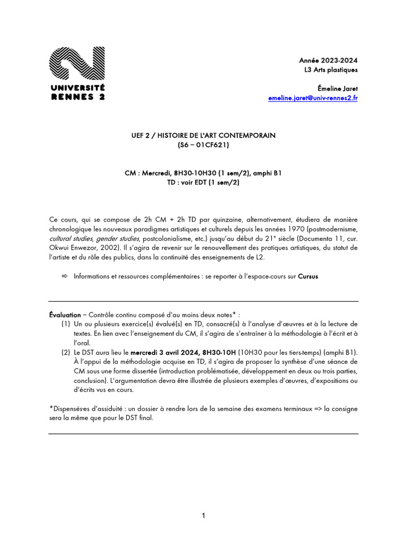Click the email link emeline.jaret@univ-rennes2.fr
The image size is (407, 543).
(x=313, y=98)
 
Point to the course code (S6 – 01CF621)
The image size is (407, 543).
(x=203, y=145)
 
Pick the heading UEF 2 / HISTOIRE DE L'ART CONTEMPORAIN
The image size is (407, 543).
(x=203, y=136)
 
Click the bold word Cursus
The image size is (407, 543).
(x=308, y=276)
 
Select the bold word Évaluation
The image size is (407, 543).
(x=65, y=314)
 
